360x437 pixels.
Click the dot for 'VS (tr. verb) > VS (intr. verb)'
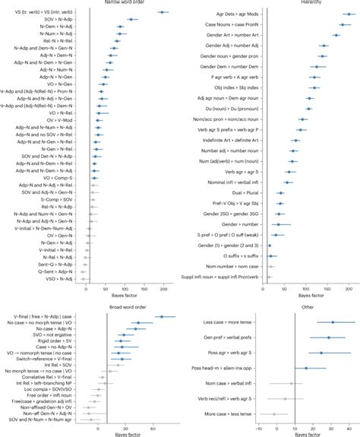(163, 12)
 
